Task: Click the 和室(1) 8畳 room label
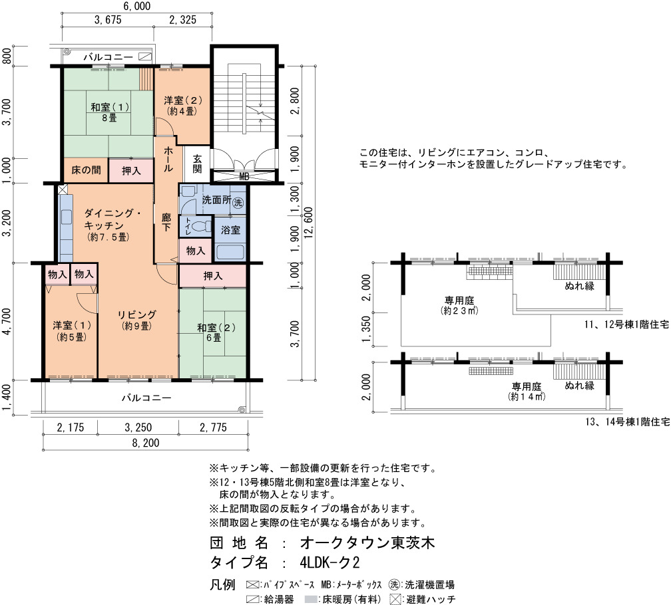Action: tap(110, 112)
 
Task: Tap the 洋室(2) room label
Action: tap(182, 106)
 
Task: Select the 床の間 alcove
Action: tap(86, 170)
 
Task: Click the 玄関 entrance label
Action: tap(197, 164)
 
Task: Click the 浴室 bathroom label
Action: tap(230, 230)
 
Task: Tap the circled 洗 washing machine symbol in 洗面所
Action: tap(238, 202)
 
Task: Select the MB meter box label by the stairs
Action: tap(244, 177)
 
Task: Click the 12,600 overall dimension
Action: tap(309, 223)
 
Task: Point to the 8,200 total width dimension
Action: tap(146, 443)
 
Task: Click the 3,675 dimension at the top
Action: tap(108, 20)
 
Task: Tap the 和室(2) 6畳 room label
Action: tap(216, 332)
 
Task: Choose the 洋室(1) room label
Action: tap(72, 330)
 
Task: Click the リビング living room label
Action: tap(137, 320)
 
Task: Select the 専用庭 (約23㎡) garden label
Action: tap(459, 305)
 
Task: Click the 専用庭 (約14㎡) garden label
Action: tap(527, 392)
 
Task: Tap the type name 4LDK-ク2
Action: tap(330, 562)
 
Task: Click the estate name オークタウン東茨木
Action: tap(367, 543)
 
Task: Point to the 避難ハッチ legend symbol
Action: tap(396, 600)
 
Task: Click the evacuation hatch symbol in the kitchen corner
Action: tap(63, 189)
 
